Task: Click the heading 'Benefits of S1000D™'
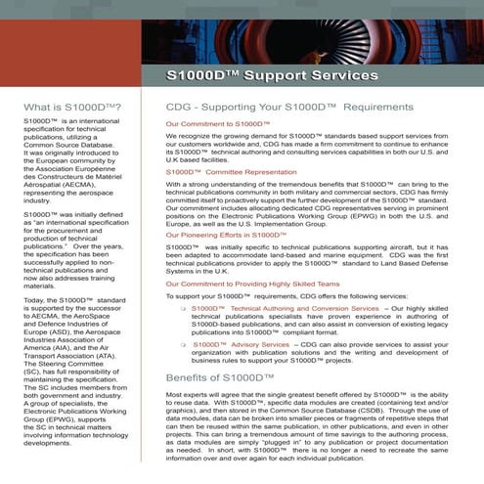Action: pos(219,350)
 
